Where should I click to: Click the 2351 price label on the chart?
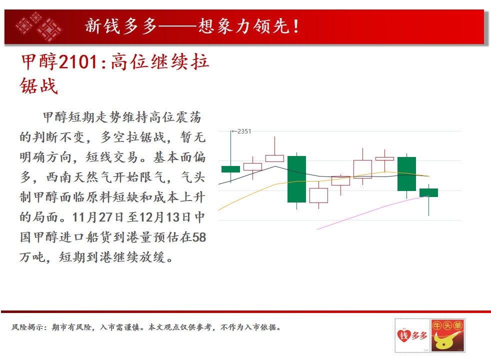coord(244,131)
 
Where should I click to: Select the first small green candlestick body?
coord(231,169)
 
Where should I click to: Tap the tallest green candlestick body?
coord(296,179)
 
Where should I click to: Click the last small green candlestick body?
coord(428,192)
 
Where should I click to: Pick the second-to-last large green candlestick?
coord(407,173)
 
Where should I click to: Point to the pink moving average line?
coord(372,211)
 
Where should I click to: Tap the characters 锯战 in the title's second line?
coord(39,86)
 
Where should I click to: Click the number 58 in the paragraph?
coord(199,237)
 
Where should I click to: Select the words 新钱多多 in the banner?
coord(121,26)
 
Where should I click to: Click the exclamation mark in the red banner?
coord(296,26)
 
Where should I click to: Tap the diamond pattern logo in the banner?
coord(38,26)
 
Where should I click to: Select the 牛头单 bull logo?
coord(448,335)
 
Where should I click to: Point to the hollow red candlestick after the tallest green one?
coord(319,195)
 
